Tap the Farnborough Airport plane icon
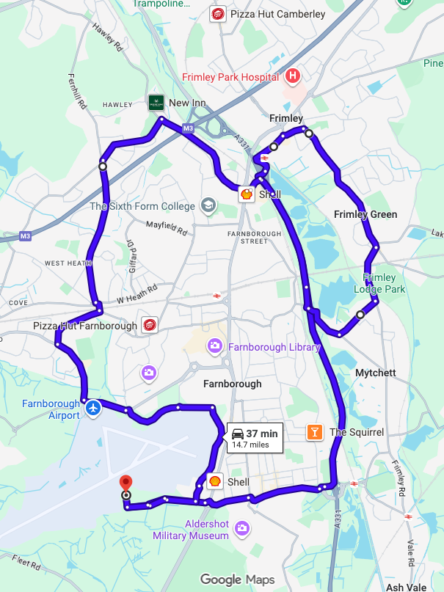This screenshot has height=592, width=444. (x=92, y=407)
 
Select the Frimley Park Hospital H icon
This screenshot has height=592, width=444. (x=294, y=76)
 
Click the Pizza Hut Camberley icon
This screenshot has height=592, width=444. (x=218, y=14)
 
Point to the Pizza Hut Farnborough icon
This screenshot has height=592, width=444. (x=150, y=326)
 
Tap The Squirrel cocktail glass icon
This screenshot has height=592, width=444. (x=314, y=432)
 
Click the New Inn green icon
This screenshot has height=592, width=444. (x=156, y=103)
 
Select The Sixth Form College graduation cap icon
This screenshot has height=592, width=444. (x=208, y=205)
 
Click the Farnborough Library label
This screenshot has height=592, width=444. (x=274, y=346)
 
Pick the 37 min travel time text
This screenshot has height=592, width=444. (x=261, y=434)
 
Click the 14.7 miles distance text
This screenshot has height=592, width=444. (x=250, y=445)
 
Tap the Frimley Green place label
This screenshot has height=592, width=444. (x=365, y=214)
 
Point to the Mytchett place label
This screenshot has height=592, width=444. (x=375, y=373)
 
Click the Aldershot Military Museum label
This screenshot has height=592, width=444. (x=191, y=530)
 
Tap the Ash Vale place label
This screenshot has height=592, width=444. (x=405, y=587)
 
